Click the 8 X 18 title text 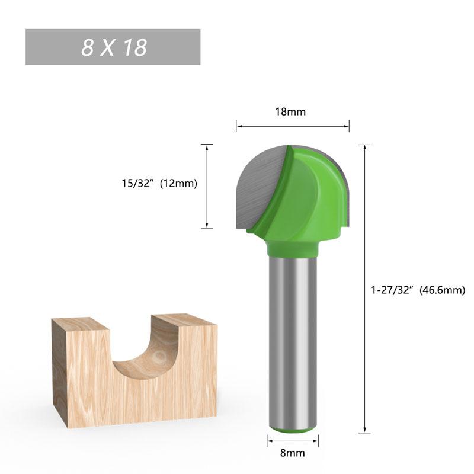pos(114,47)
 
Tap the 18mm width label pos(292,111)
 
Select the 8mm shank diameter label pos(292,453)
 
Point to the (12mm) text pos(178,184)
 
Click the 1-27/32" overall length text pos(393,290)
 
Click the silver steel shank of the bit pos(292,338)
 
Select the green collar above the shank pos(292,248)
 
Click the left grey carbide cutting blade pos(261,184)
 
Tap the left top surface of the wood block pos(79,324)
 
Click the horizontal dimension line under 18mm pos(292,126)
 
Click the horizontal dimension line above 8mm pos(292,440)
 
